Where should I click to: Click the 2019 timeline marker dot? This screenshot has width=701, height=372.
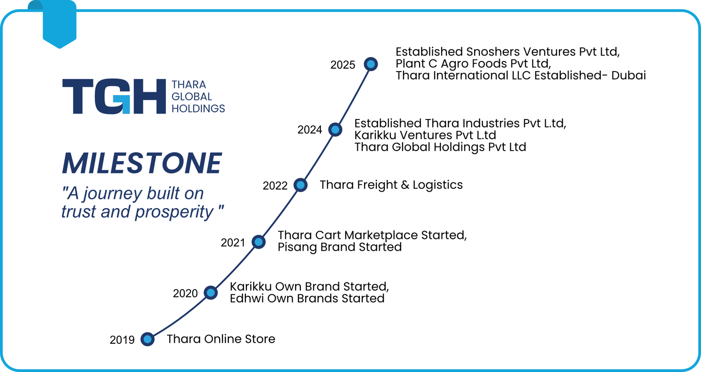[x=148, y=339]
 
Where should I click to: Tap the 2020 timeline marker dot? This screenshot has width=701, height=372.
[x=211, y=293]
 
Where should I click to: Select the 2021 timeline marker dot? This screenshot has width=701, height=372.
[x=258, y=242]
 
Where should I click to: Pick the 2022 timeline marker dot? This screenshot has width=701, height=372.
[x=300, y=185]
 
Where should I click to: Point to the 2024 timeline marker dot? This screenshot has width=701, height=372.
[x=335, y=129]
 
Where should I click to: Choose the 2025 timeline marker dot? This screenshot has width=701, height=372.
[x=371, y=64]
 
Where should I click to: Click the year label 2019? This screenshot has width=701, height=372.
[x=122, y=340]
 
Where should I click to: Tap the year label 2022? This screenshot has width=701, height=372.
[x=275, y=186]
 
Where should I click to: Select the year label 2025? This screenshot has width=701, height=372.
[x=343, y=65]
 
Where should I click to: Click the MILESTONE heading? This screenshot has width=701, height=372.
[x=142, y=163]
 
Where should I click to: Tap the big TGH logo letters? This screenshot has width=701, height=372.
[x=114, y=96]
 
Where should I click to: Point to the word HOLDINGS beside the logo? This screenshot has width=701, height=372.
[x=198, y=108]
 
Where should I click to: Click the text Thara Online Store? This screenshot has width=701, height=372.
[x=221, y=339]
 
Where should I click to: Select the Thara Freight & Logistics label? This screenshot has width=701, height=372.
[x=391, y=185]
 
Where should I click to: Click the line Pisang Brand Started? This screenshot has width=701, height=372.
[x=340, y=247]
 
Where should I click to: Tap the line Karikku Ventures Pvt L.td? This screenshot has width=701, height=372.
[x=425, y=135]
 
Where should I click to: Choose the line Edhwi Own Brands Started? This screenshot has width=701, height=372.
[x=307, y=298]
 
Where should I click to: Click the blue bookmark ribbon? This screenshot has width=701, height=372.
[x=59, y=24]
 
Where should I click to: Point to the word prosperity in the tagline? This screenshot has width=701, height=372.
[x=175, y=212]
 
